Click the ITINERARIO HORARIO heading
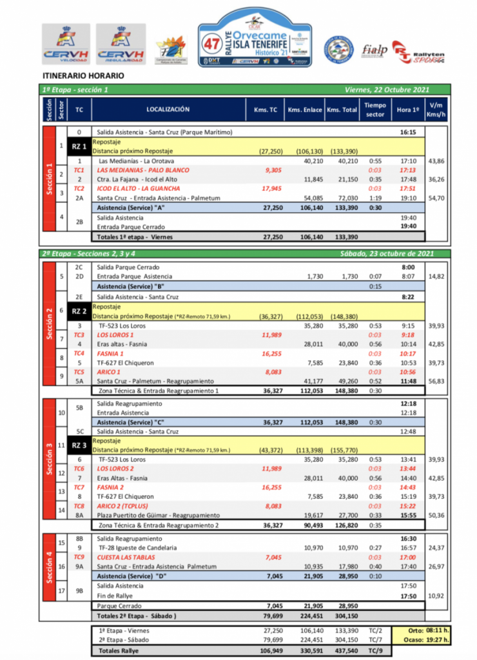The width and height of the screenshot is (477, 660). point(84,76)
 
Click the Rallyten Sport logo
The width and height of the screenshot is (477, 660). point(418,51)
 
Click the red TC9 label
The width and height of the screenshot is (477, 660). point(79,557)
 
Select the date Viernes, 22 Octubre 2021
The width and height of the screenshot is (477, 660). point(387,90)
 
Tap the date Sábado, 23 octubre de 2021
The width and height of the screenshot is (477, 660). point(385,254)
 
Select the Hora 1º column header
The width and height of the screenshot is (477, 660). point(406,110)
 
